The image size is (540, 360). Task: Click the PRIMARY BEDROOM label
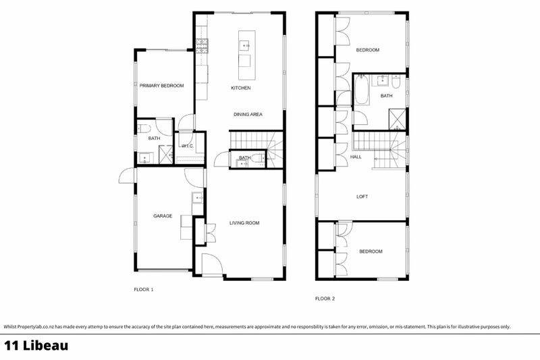161,86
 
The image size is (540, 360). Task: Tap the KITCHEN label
241,88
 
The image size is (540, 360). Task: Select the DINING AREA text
248,115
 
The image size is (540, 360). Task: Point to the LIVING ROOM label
244,223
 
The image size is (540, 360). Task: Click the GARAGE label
162,216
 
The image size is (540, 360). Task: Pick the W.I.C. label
188,146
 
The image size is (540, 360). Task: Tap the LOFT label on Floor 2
362,197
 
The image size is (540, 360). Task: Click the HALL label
356,157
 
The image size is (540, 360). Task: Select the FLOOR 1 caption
144,290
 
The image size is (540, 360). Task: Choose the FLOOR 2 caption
325,298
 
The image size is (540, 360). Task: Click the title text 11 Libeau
35,346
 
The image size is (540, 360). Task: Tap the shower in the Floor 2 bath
399,119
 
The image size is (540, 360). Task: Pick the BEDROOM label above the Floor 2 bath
368,50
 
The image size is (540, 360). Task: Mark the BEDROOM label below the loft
371,251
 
